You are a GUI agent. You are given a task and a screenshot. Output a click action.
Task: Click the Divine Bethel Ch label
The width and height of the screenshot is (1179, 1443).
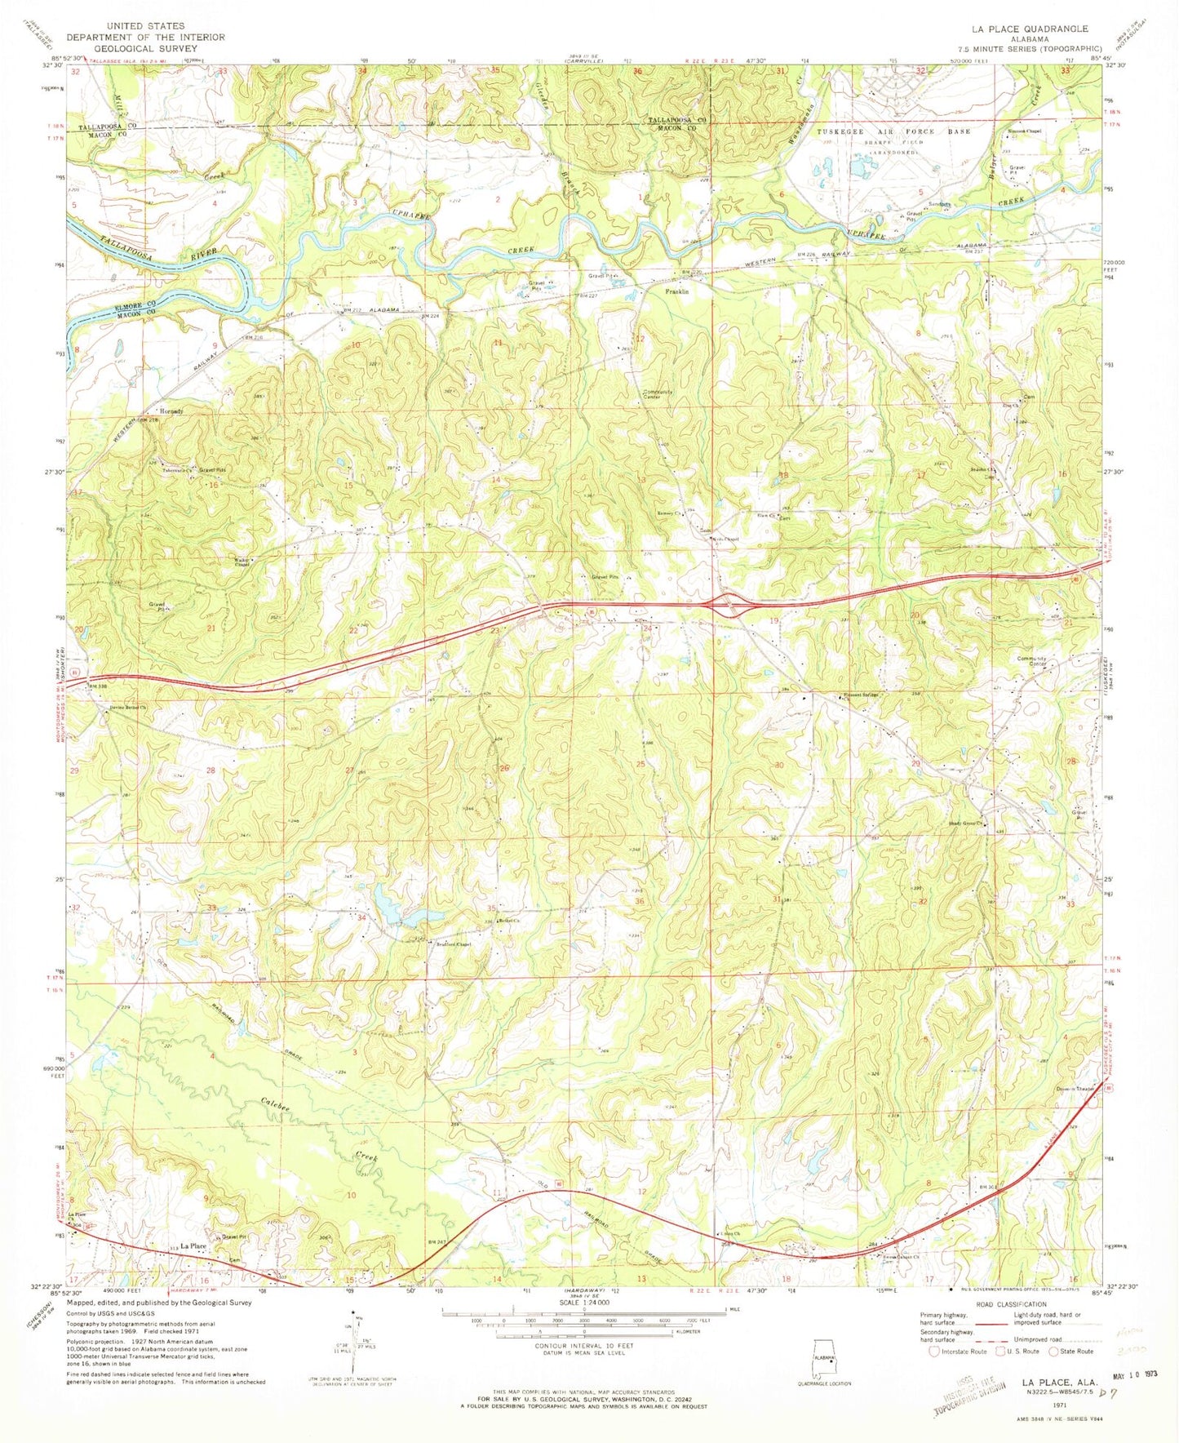click(x=126, y=708)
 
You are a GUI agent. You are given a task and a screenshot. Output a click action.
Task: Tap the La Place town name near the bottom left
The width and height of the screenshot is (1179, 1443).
click(x=193, y=1247)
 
